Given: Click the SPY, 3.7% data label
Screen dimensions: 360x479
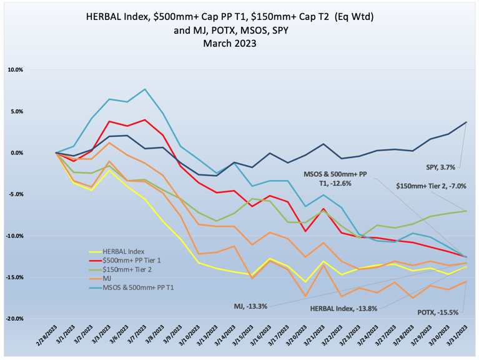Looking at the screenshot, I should tap(441, 167).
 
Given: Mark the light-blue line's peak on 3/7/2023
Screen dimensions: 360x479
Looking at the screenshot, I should tap(145, 89).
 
